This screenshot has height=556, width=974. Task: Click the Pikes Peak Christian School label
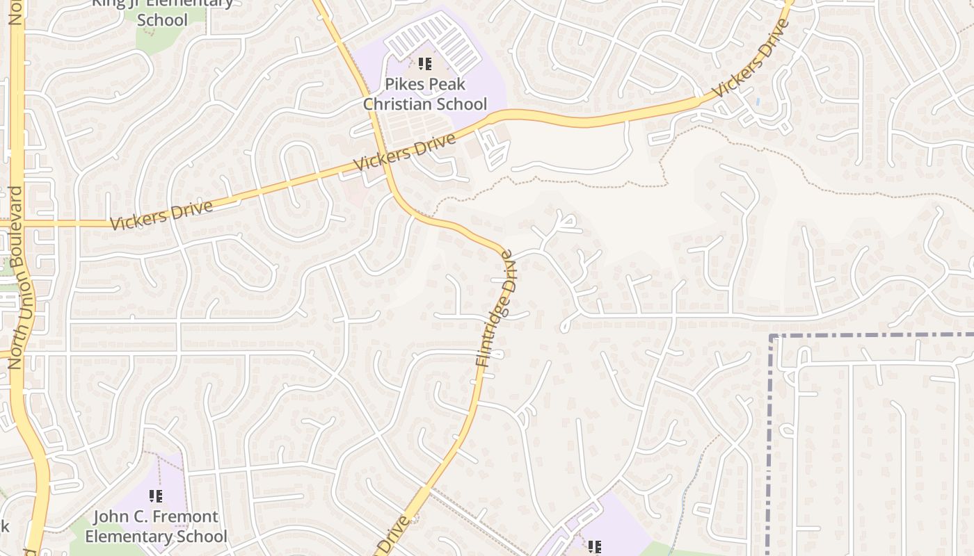pos(425,95)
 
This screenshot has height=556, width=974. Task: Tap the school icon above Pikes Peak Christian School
pos(425,65)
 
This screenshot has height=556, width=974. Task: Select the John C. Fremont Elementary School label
pos(156,527)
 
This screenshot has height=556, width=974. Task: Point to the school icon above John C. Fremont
pos(156,496)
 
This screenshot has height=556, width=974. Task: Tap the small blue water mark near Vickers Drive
pos(758,101)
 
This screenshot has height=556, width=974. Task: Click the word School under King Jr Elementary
pos(162,19)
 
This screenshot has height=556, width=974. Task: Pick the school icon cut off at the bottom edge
pos(594,548)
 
